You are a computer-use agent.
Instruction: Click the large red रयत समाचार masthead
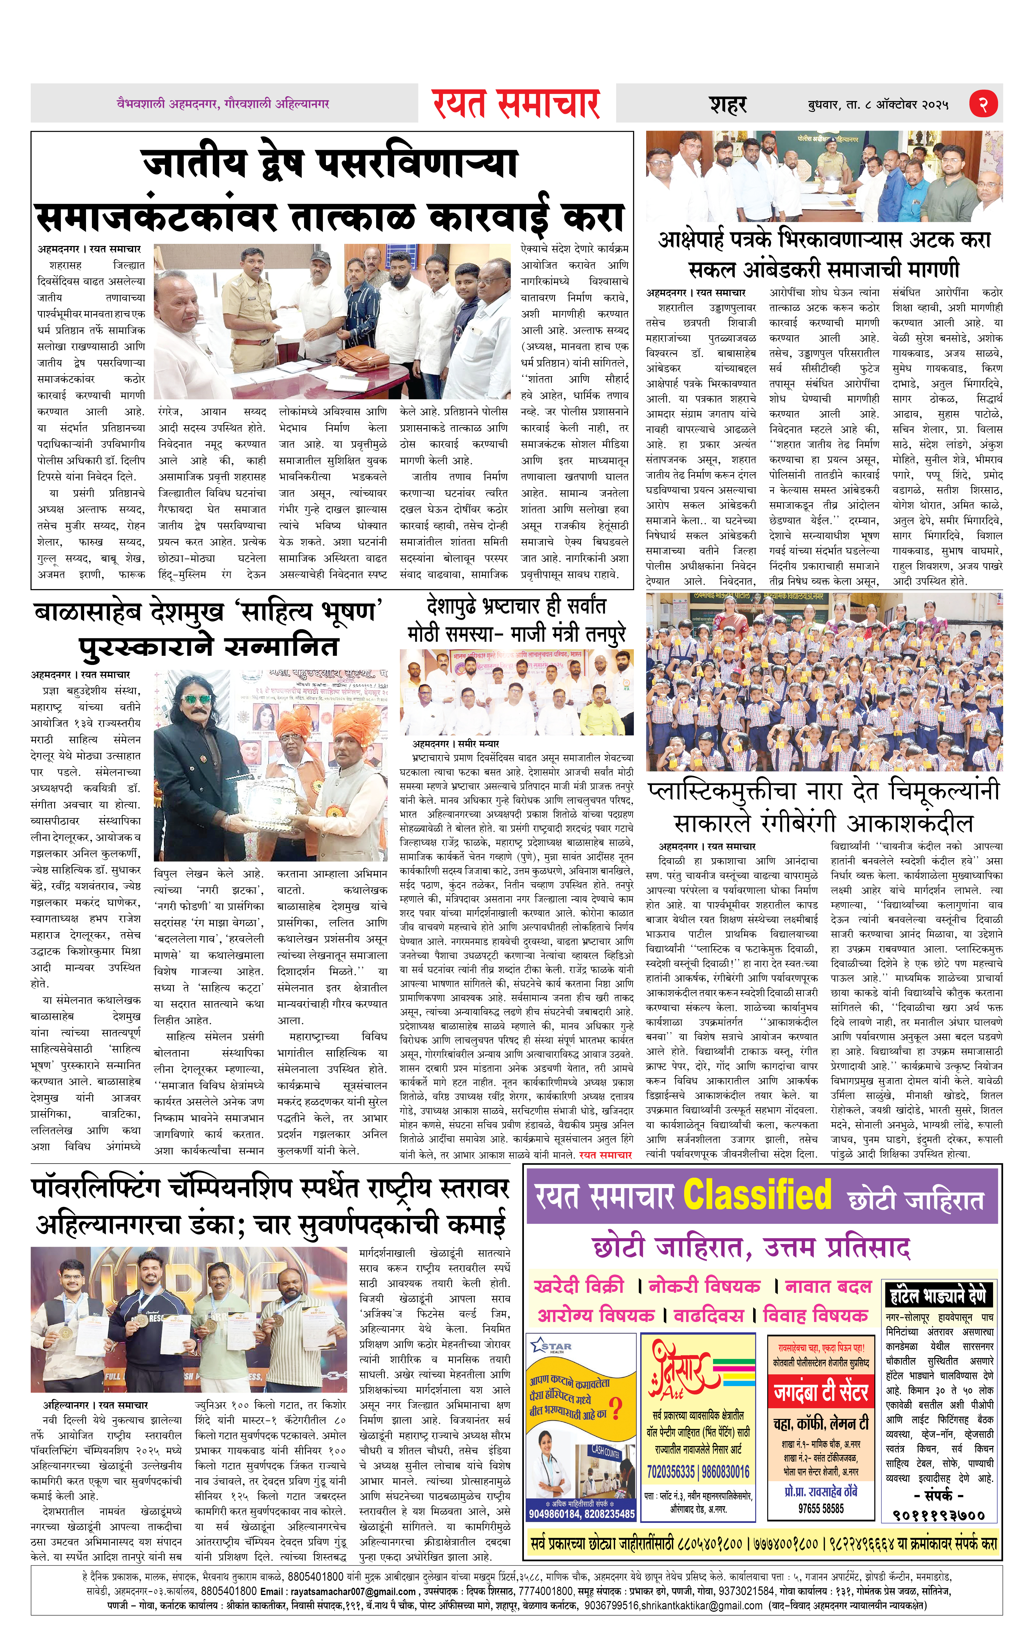click(x=516, y=104)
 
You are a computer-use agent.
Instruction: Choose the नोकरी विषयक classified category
click(x=704, y=1286)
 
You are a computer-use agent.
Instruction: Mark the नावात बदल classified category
click(x=827, y=1286)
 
